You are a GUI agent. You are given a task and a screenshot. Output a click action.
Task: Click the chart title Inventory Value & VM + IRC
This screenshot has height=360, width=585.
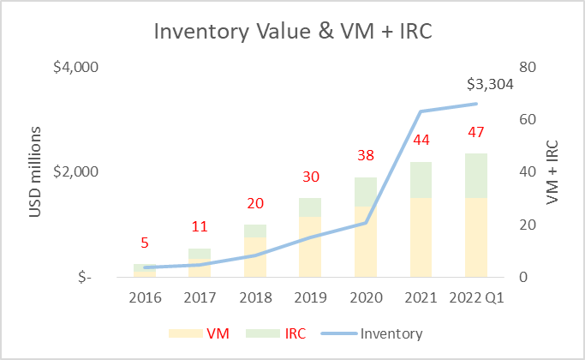291,33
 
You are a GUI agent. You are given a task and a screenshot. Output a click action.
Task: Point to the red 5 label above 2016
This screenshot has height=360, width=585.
146,243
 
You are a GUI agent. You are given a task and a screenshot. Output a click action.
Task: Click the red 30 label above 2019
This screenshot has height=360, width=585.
311,177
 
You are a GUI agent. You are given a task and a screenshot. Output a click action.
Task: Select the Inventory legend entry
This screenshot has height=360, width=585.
375,333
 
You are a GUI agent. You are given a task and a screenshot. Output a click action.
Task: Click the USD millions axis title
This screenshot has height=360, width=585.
37,171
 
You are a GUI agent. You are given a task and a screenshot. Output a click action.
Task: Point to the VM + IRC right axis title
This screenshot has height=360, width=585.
555,172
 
